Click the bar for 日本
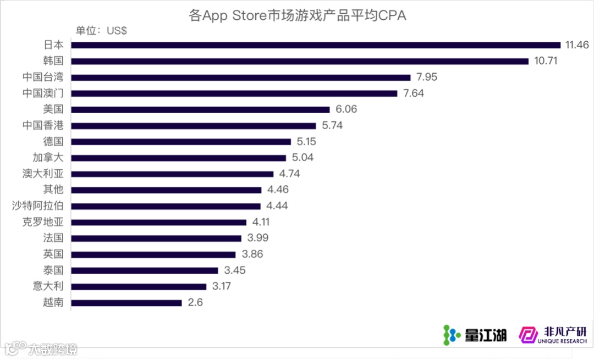click(x=316, y=45)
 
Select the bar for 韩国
click(x=300, y=61)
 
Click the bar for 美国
click(x=201, y=109)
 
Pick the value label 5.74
click(x=332, y=125)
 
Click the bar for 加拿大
click(x=179, y=158)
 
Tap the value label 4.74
click(x=289, y=174)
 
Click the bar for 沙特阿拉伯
click(x=166, y=206)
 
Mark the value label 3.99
click(x=257, y=238)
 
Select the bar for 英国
click(x=153, y=254)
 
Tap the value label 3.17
click(x=222, y=286)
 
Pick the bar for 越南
click(x=127, y=303)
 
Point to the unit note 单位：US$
click(x=101, y=31)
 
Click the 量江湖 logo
click(x=475, y=334)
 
